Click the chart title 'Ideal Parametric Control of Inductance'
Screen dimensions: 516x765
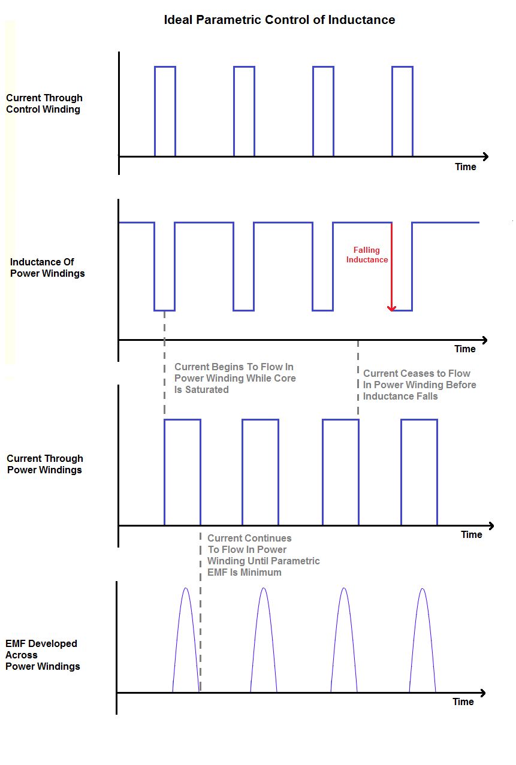click(279, 20)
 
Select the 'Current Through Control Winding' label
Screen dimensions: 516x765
click(44, 104)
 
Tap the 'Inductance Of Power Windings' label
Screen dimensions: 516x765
click(47, 267)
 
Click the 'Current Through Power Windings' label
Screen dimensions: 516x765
click(45, 464)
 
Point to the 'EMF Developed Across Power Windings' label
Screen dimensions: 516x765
click(43, 655)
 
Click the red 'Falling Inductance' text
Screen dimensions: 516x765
click(367, 255)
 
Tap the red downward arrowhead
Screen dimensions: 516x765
click(391, 309)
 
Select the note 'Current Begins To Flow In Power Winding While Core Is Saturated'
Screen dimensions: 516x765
click(235, 378)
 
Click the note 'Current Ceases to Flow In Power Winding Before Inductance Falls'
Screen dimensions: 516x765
click(420, 385)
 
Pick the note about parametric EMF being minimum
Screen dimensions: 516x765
click(264, 555)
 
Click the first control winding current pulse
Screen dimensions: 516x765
click(165, 67)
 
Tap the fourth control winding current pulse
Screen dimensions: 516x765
click(402, 67)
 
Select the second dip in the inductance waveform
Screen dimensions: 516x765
click(244, 310)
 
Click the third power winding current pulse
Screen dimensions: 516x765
click(340, 420)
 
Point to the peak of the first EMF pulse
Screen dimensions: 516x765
click(186, 588)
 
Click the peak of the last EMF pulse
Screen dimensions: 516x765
click(423, 589)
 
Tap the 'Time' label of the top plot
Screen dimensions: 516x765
click(466, 167)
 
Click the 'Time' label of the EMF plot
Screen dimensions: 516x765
click(463, 701)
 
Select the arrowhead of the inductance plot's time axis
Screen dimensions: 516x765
click(485, 340)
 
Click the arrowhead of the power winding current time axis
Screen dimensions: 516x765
click(491, 526)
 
